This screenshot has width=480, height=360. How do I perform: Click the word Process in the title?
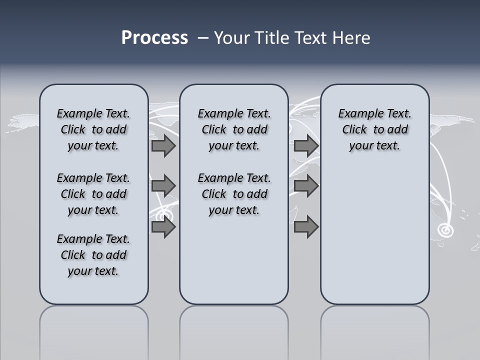[154, 38]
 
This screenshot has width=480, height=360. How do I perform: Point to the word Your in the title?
[232, 38]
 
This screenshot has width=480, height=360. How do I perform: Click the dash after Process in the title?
[203, 38]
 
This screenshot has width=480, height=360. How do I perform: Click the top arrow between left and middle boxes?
[163, 146]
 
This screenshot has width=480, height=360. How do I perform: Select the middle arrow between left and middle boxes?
[163, 186]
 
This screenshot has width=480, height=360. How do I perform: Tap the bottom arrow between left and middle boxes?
[163, 227]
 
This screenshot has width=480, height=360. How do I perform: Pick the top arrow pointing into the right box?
[306, 146]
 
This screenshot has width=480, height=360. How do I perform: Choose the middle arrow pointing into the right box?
[306, 186]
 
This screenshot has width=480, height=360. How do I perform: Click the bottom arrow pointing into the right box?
[306, 227]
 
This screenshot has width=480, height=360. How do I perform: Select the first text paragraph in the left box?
[93, 129]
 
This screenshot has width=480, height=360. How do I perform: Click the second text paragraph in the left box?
[93, 194]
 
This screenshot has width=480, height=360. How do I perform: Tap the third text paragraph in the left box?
[93, 255]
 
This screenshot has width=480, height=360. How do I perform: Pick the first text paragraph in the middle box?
[234, 129]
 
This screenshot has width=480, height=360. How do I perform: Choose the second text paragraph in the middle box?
[234, 194]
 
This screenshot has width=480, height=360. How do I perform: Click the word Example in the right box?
[357, 114]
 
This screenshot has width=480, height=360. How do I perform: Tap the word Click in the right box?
[354, 130]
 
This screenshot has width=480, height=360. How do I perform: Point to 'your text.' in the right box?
[374, 146]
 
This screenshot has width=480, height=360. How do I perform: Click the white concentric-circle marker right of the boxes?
[444, 230]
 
